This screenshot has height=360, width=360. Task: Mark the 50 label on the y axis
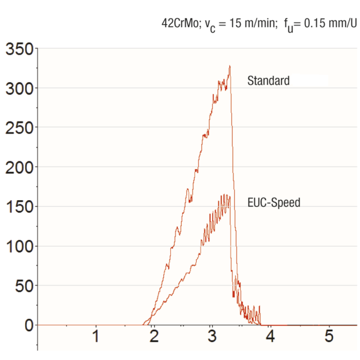point(23,285)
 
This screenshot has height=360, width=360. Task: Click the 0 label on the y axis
point(28,325)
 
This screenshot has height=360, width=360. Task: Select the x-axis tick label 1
point(95,336)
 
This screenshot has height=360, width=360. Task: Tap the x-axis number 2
point(154,336)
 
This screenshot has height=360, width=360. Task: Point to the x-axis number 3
point(211,336)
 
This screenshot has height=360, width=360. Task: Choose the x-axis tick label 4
point(270,336)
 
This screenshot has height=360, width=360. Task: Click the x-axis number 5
point(329,336)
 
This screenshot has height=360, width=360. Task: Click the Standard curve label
point(268,81)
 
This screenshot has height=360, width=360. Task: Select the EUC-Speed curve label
point(274,202)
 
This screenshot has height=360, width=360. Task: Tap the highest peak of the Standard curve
point(229,66)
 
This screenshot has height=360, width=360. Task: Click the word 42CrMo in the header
point(179,23)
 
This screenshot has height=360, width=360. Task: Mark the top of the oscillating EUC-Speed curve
point(225,195)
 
